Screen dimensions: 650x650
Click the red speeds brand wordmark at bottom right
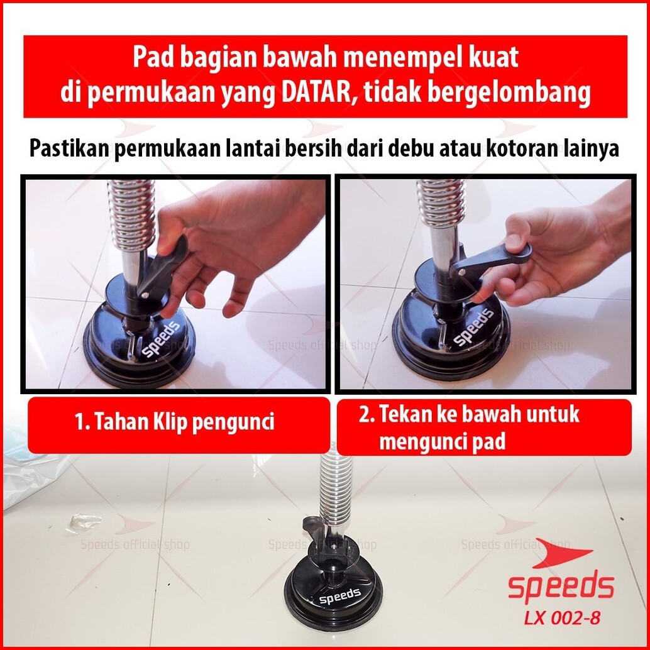[561, 586]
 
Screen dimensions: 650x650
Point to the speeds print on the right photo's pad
[473, 327]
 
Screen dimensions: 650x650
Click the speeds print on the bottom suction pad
[340, 596]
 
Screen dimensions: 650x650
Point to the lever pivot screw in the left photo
[145, 295]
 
